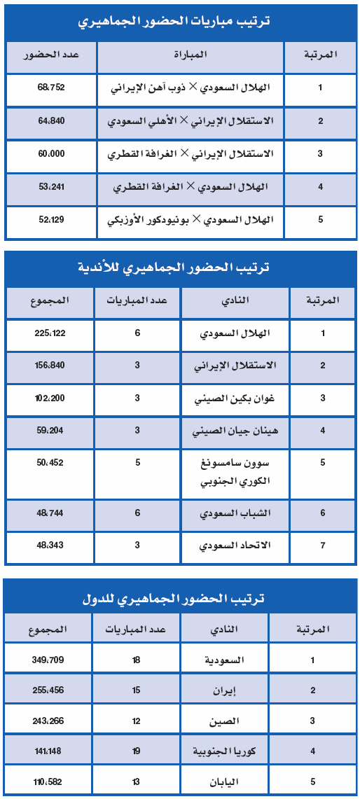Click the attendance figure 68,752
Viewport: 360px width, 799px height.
(50, 89)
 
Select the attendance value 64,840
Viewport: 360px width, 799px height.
(50, 121)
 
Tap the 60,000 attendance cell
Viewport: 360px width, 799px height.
(50, 153)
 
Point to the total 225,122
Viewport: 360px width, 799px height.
(50, 333)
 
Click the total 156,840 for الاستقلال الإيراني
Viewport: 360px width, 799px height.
(50, 366)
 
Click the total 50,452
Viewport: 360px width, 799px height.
(50, 463)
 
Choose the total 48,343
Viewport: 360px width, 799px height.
(50, 545)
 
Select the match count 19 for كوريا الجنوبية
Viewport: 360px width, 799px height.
(136, 751)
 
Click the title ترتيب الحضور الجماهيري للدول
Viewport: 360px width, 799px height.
(180, 599)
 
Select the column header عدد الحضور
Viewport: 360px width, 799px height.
(50, 55)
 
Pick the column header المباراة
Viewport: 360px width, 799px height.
(191, 55)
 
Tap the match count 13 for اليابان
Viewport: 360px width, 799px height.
(136, 781)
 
